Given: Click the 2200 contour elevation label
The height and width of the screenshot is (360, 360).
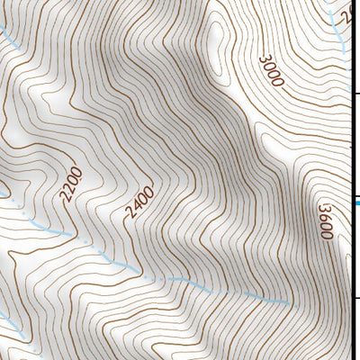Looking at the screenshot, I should coord(73,184).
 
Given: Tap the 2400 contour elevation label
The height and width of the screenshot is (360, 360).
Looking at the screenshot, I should coord(141,203).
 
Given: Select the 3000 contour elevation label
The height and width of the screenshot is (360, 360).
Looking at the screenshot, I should coord(271,71).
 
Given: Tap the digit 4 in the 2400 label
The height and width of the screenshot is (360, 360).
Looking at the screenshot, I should coord(138,208).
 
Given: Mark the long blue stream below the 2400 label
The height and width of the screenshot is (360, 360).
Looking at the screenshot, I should coord(180,280).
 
